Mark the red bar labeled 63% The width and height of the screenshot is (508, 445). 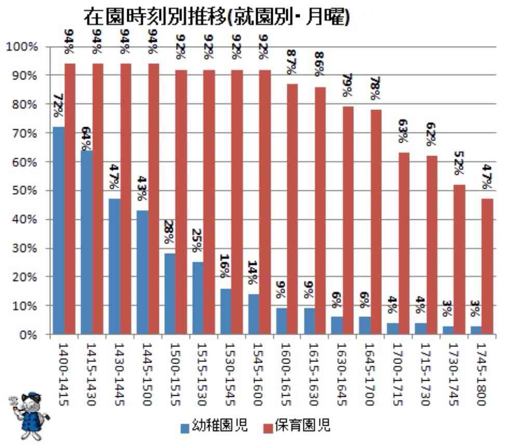(403, 244)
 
